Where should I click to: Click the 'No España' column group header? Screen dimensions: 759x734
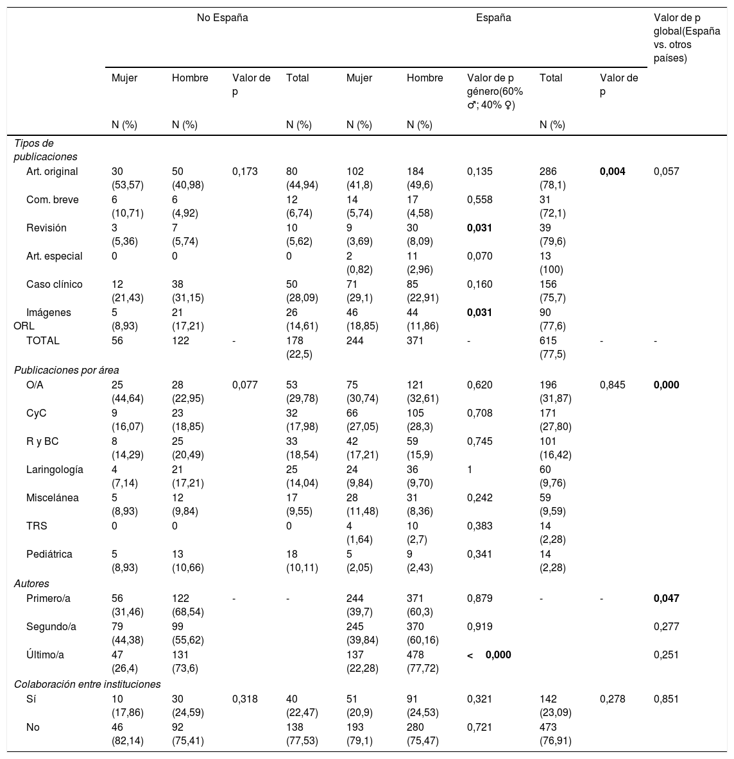tap(222, 18)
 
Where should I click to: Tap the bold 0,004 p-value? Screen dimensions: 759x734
tap(612, 171)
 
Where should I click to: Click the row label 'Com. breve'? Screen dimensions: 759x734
tap(53, 199)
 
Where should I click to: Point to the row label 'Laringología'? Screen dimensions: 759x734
tap(55, 469)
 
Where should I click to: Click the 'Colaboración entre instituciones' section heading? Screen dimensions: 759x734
tap(87, 684)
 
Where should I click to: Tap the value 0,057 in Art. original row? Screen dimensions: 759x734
tap(666, 171)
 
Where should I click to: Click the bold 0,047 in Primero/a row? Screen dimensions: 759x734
tap(666, 598)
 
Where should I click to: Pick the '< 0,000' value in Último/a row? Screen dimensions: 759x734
tap(489, 655)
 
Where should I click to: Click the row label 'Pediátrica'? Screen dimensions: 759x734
tap(49, 554)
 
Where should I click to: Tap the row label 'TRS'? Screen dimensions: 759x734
tap(37, 526)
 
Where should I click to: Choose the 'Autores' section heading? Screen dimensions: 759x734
tap(32, 583)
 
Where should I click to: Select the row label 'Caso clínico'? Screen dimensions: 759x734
tap(55, 284)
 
